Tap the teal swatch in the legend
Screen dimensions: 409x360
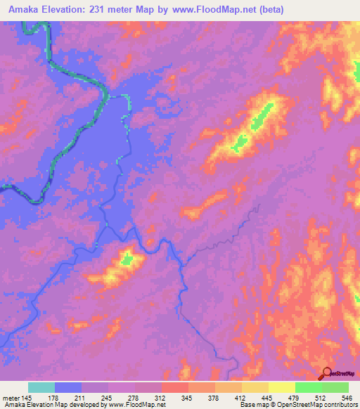41,387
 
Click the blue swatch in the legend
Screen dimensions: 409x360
68,387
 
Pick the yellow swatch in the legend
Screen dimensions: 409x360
282,387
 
